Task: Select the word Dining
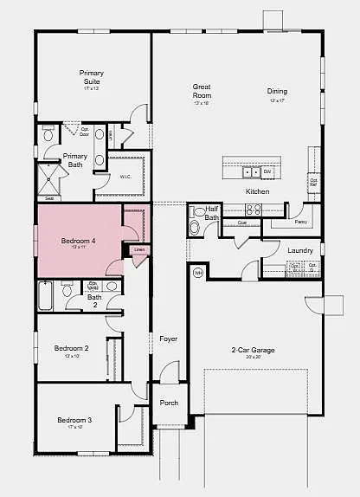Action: pos(277,91)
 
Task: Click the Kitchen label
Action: pos(257,191)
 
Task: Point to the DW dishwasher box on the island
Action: pos(268,171)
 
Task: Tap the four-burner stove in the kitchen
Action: pos(254,209)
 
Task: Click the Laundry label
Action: pos(299,250)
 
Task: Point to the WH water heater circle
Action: pos(197,273)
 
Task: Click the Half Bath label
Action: pos(211,213)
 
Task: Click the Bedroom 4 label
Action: pos(78,242)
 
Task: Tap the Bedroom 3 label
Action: pos(74,420)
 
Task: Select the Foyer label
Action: pos(168,339)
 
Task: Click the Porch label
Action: pos(169,403)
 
